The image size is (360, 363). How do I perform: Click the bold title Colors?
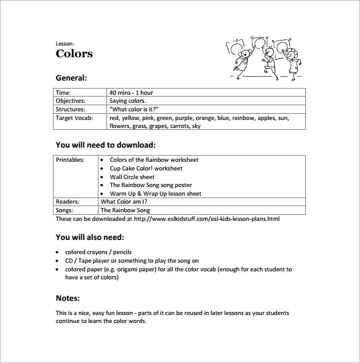[x=74, y=54]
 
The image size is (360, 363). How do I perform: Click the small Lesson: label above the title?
[x=65, y=44]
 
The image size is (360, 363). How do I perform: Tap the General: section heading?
[x=71, y=78]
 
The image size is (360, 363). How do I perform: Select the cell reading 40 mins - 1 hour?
[x=131, y=93]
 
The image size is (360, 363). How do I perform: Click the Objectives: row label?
[x=71, y=101]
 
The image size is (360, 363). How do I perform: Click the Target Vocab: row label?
[x=74, y=118]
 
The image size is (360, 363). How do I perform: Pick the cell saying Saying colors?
[x=127, y=101]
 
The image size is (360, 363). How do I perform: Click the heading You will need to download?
[x=105, y=145]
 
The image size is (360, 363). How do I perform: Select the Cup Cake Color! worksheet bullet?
[x=146, y=169]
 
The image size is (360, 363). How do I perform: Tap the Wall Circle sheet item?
[x=132, y=177]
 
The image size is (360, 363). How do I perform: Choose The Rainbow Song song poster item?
[x=151, y=185]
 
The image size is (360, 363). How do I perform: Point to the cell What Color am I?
[x=124, y=201]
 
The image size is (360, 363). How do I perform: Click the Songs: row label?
[x=65, y=210]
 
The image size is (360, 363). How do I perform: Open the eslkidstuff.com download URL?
[x=206, y=218]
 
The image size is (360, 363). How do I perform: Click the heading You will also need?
[x=90, y=237]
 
